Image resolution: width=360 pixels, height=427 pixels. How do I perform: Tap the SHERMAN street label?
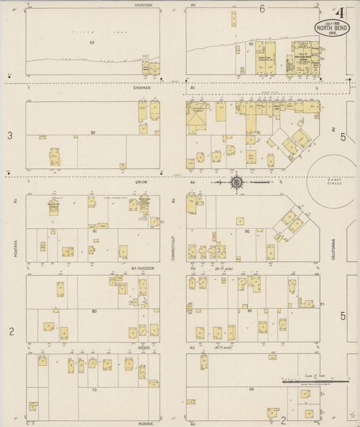coord(143,87)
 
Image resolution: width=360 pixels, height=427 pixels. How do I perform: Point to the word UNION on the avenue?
coord(140,182)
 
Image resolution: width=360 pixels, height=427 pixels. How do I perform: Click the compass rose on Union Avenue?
coord(237,181)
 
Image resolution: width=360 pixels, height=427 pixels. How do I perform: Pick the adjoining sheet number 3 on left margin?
coord(9,136)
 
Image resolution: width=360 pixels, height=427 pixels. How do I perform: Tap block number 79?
coord(94,390)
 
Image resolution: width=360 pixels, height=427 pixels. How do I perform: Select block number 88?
coord(251,389)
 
